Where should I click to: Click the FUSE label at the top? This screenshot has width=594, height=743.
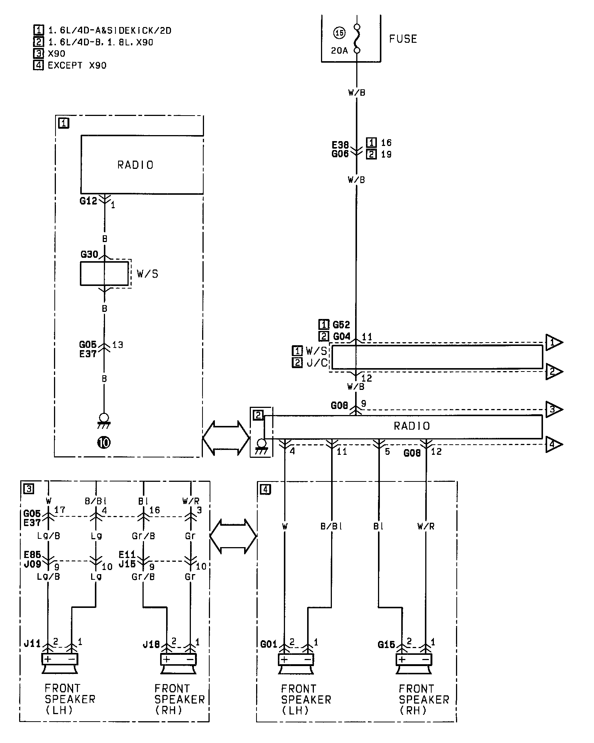pos(403,39)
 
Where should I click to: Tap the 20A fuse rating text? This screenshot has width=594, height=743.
pos(339,51)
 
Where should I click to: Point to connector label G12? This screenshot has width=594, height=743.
pos(88,201)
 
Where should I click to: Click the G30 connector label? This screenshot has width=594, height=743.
pos(89,254)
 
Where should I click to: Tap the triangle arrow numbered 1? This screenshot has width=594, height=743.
pos(553,342)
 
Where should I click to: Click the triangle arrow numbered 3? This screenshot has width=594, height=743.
pos(553,409)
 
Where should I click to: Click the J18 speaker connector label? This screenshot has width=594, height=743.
pos(151,644)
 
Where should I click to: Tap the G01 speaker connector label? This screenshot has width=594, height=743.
pos(268,644)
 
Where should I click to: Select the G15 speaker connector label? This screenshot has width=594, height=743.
pos(386,644)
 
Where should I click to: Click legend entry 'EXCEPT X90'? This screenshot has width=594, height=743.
pos(77,66)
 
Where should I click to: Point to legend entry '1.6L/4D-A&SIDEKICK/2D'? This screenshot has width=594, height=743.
pos(109,30)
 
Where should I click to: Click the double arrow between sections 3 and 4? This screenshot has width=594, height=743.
pos(233,536)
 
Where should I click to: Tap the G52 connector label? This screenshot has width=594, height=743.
pos(341,325)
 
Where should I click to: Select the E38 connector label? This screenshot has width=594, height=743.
pos(340,145)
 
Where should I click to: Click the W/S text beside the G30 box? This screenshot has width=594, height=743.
pos(147,274)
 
